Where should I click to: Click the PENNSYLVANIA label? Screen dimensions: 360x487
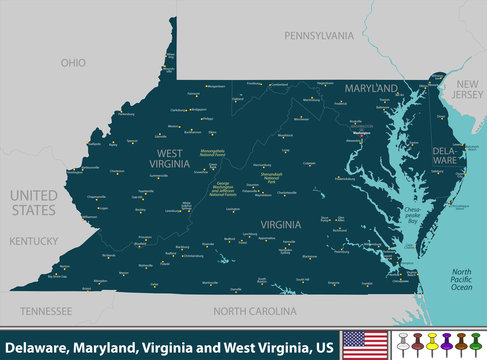pyautogui.click(x=319, y=35)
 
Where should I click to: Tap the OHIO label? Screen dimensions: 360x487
pyautogui.click(x=73, y=62)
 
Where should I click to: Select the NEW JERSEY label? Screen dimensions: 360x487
pyautogui.click(x=469, y=91)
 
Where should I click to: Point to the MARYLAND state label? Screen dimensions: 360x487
pyautogui.click(x=372, y=89)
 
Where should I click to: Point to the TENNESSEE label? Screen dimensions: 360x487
pyautogui.click(x=46, y=310)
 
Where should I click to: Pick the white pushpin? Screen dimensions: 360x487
pyautogui.click(x=403, y=343)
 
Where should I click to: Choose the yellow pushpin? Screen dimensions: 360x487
pyautogui.click(x=419, y=343)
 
